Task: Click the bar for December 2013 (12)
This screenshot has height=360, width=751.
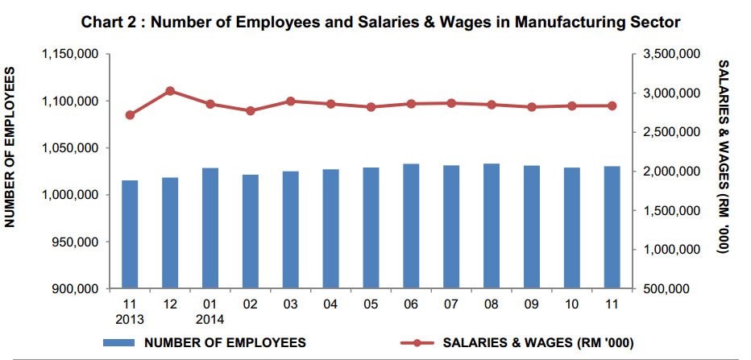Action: [x=170, y=233]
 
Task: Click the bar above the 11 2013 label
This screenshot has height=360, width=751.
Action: [x=130, y=234]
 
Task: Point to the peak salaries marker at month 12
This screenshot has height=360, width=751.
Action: [x=170, y=91]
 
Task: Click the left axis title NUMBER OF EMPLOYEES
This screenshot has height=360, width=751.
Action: [x=12, y=147]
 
